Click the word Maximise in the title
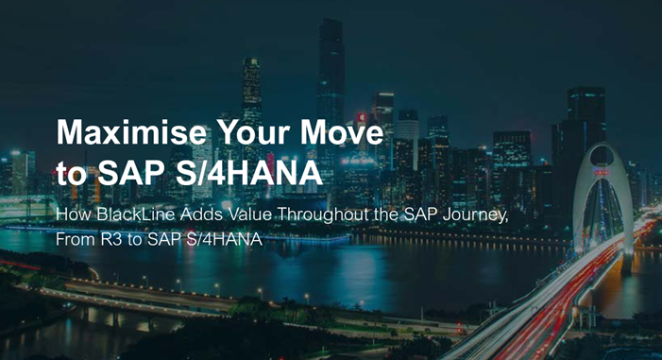tap(131, 132)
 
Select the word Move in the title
tap(342, 132)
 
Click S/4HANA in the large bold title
tap(249, 173)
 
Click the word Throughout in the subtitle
tap(323, 215)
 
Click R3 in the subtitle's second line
tap(111, 240)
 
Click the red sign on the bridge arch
tap(602, 172)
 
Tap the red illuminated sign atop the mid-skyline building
tap(362, 117)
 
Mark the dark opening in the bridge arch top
tap(603, 156)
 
